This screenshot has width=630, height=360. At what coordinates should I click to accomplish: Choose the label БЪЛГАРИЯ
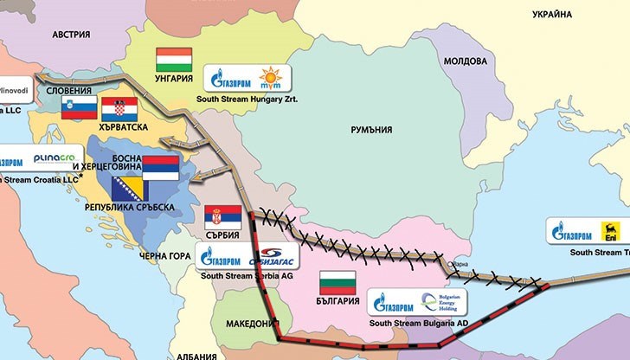pyautogui.click(x=337, y=302)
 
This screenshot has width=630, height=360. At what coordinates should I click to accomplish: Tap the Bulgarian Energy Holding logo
pyautogui.click(x=444, y=302)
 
